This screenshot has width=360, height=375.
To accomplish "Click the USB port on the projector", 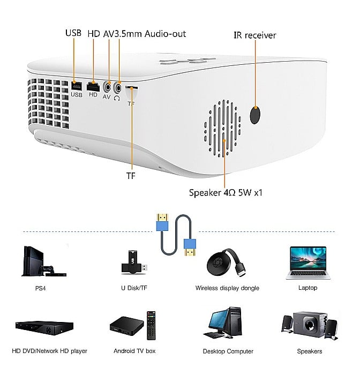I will pyautogui.click(x=76, y=85).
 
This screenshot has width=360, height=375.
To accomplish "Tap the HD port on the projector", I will pyautogui.click(x=93, y=86).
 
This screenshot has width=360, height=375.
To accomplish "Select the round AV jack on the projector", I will pyautogui.click(x=109, y=86).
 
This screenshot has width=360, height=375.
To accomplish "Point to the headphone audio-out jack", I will pyautogui.click(x=118, y=85).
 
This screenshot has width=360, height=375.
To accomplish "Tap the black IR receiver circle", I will pyautogui.click(x=256, y=114).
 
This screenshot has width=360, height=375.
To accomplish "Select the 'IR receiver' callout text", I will pyautogui.click(x=254, y=35).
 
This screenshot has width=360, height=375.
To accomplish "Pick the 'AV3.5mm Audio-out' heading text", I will pyautogui.click(x=145, y=33).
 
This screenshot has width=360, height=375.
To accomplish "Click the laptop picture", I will pyautogui.click(x=307, y=262).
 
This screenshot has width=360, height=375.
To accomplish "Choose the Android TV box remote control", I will pyautogui.click(x=152, y=325).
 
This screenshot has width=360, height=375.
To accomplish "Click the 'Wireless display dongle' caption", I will pyautogui.click(x=227, y=288).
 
